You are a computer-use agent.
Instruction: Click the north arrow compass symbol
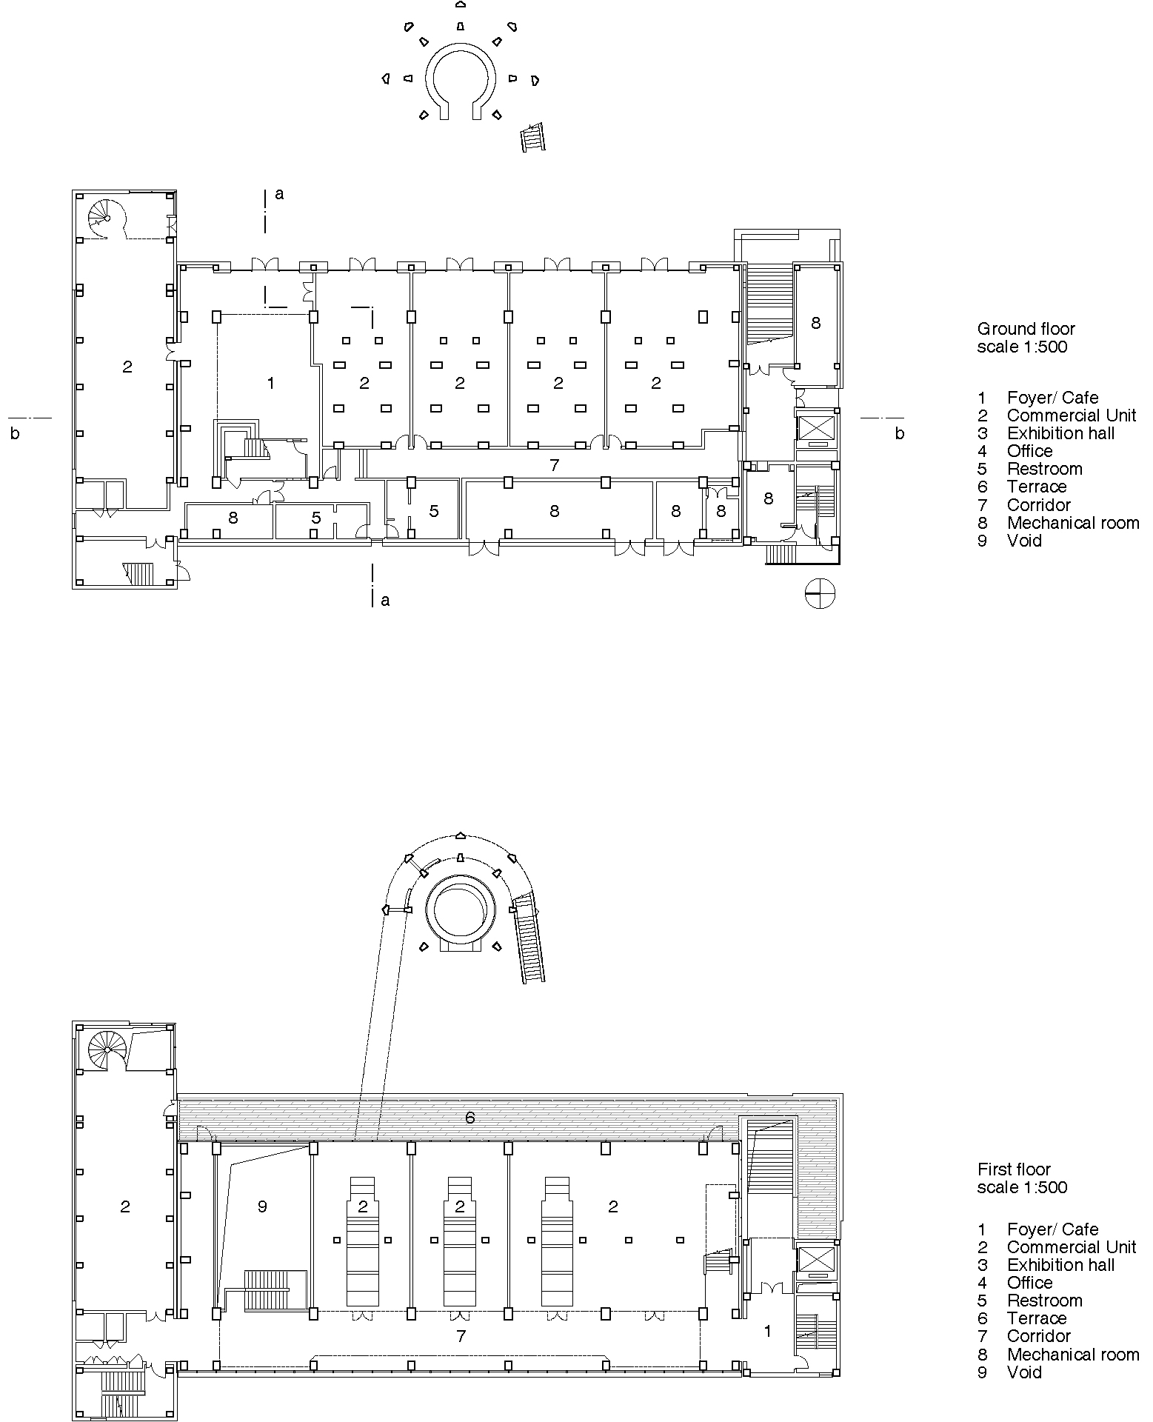[820, 593]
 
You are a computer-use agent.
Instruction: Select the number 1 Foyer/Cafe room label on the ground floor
[271, 383]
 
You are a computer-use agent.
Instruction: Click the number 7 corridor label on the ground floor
[554, 466]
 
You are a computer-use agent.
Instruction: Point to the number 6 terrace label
[469, 1118]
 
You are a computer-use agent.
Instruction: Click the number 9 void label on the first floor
[262, 1206]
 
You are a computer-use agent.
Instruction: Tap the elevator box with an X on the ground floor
[815, 427]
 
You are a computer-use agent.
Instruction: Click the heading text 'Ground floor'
[1026, 329]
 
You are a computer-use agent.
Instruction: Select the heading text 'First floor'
[1014, 1169]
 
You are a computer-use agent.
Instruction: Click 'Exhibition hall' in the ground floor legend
[1060, 433]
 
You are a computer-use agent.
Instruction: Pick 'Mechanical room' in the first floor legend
[1072, 1355]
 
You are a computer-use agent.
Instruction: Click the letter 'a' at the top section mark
[279, 194]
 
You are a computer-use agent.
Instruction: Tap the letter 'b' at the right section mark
[899, 434]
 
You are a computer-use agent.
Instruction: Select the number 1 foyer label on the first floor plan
[768, 1331]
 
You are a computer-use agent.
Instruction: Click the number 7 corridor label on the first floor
[461, 1336]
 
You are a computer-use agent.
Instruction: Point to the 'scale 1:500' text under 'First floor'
[1022, 1187]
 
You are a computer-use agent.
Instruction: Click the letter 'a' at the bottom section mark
[385, 601]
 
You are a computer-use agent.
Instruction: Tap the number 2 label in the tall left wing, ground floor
[127, 366]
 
